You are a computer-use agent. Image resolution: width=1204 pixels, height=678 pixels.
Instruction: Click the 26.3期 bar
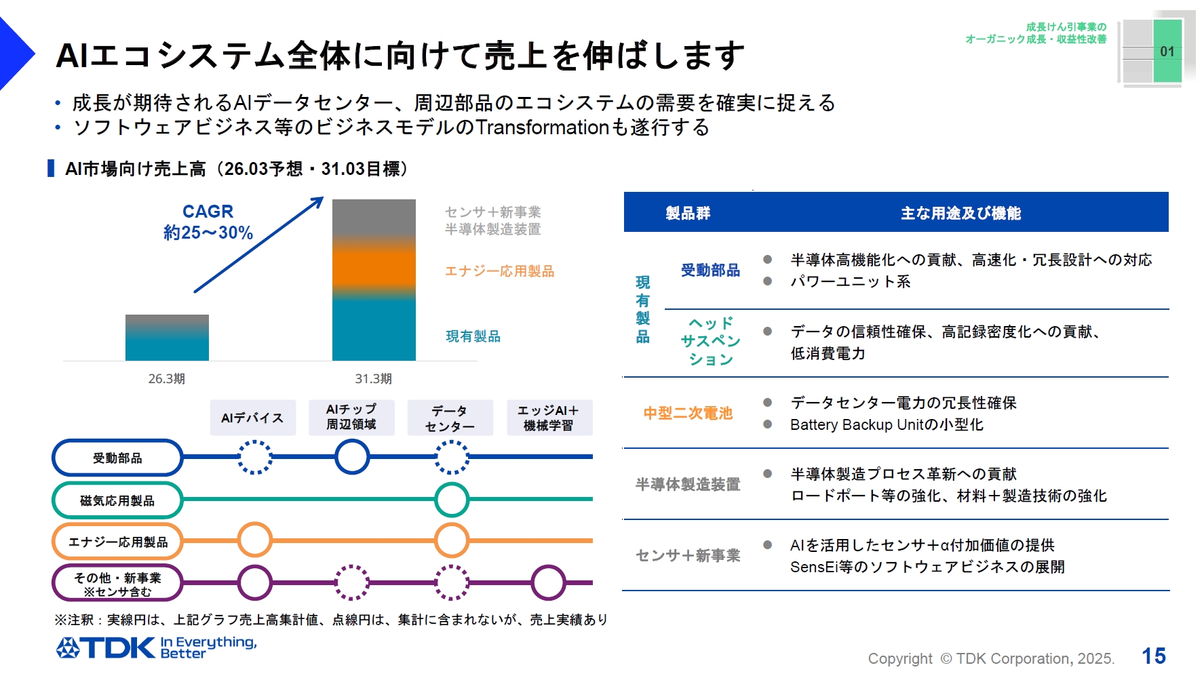point(167,338)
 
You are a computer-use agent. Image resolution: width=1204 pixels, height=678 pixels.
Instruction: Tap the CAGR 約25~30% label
point(208,222)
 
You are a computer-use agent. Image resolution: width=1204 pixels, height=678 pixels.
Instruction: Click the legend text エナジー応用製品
point(499,271)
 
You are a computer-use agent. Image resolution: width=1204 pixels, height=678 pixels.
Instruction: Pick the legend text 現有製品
point(473,336)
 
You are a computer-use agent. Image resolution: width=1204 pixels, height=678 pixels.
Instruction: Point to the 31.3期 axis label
point(373,379)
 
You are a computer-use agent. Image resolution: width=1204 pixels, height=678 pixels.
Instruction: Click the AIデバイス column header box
point(252,418)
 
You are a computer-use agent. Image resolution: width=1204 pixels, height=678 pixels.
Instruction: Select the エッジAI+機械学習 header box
point(549,418)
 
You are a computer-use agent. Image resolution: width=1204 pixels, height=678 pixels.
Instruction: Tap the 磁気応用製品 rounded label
point(117,500)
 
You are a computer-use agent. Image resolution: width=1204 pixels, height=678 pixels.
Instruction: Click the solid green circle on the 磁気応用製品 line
point(451,500)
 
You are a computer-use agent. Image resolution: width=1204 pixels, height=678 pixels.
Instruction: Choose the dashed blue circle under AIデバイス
point(254,457)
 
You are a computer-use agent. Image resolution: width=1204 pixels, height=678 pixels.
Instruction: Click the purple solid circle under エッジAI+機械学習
point(548,582)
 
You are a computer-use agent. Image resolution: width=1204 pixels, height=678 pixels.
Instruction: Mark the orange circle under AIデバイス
point(254,540)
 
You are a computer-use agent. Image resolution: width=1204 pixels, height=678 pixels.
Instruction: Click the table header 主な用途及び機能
point(960,213)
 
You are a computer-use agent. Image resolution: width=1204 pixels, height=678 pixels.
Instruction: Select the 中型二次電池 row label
point(688,413)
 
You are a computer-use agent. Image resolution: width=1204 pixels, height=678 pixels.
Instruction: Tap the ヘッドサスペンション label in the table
point(710,341)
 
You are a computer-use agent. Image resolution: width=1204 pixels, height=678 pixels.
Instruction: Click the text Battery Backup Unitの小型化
point(886,425)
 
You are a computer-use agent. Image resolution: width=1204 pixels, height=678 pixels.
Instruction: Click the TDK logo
point(106,648)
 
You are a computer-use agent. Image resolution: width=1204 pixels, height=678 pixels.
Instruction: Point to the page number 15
point(1153,656)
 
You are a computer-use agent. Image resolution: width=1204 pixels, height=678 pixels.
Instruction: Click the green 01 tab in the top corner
point(1167,52)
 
